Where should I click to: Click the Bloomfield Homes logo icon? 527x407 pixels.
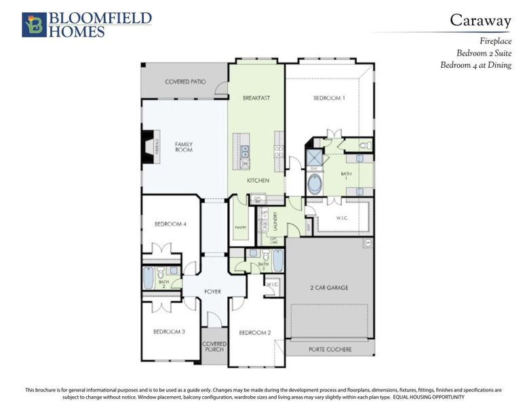(34, 24)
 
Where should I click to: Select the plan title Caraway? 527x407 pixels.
(480, 21)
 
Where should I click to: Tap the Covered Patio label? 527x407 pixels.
(185, 82)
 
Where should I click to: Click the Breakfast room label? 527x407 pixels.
(256, 98)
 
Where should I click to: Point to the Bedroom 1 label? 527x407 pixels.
(329, 98)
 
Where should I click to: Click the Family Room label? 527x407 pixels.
(184, 147)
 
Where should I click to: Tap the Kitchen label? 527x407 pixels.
(258, 181)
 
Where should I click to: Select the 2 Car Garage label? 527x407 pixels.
(329, 288)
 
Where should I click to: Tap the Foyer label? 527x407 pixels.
(213, 292)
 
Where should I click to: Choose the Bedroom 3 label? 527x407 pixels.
(169, 332)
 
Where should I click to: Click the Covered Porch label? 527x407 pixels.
(214, 347)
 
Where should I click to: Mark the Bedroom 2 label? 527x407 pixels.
(254, 332)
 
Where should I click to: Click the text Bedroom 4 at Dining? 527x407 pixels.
(475, 65)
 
